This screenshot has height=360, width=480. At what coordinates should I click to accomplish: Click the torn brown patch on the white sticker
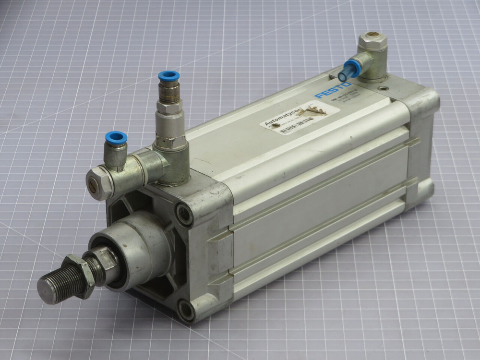[x=318, y=110]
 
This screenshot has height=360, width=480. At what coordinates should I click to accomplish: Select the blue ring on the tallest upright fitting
[x=169, y=76]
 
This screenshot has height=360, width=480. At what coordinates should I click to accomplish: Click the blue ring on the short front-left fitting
[x=116, y=138]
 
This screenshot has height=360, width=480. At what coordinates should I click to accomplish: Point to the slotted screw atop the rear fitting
[x=372, y=37]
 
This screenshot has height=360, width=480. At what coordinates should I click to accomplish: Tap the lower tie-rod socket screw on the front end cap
[x=185, y=310]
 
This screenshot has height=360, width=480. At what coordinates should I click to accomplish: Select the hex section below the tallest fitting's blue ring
[x=169, y=106]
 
